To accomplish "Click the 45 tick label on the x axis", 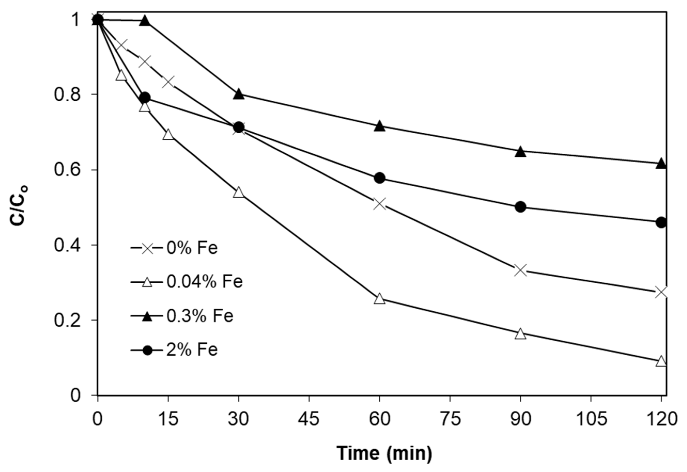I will tap(309, 420).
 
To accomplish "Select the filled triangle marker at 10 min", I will tap(145, 21).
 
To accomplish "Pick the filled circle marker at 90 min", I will tap(520, 207).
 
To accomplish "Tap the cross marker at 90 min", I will tap(520, 270).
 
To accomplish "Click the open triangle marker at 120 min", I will tap(661, 361).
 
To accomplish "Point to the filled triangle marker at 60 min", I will tap(379, 126).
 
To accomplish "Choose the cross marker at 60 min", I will tap(379, 204).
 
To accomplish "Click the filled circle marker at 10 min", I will tap(145, 97).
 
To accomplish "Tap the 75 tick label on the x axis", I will tap(450, 420).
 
